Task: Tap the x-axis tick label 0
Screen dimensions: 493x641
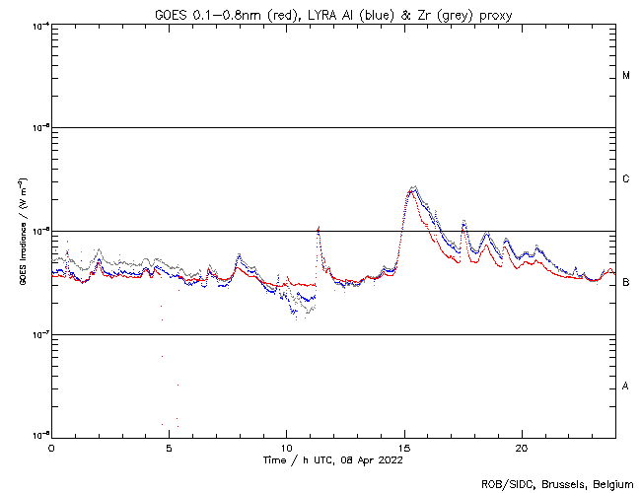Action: tap(51, 447)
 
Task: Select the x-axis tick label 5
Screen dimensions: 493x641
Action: tap(169, 447)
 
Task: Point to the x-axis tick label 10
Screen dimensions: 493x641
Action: tap(286, 447)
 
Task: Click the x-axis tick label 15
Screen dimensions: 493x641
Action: tap(404, 447)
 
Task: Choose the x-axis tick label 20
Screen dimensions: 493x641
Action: tap(522, 447)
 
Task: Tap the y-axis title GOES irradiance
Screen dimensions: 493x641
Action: tap(22, 232)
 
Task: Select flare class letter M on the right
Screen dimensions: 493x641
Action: tap(626, 76)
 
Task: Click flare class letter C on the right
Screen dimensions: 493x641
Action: tap(626, 179)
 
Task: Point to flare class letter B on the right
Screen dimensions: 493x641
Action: tap(626, 283)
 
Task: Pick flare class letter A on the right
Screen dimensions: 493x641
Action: tap(626, 386)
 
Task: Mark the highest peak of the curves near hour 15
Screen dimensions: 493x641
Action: tap(412, 187)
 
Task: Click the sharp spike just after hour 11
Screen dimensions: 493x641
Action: tap(319, 228)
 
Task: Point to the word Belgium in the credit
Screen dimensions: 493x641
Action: tap(611, 483)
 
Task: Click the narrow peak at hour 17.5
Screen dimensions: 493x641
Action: tap(463, 223)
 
